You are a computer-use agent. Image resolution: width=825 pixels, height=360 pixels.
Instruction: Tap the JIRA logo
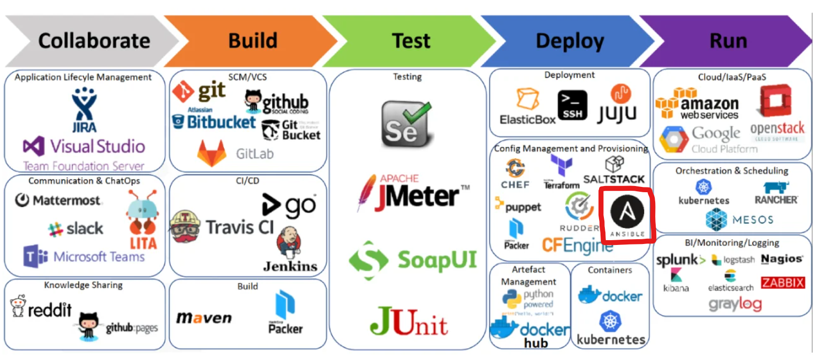84,110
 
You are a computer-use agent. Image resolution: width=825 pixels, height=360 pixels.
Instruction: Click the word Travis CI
239,227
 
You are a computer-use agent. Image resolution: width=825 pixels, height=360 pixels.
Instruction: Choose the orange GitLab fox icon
212,153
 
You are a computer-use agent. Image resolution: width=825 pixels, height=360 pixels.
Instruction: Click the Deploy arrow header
569,41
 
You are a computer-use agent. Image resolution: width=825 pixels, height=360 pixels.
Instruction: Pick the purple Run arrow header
728,41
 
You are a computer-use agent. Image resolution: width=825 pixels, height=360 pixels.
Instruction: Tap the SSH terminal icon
572,105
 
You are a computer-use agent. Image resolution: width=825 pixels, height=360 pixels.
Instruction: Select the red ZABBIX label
782,283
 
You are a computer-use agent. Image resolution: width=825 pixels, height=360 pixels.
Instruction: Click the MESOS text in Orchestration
753,220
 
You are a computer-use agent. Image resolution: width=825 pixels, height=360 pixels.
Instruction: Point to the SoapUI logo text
436,260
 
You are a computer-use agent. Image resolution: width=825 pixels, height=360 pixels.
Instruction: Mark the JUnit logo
409,322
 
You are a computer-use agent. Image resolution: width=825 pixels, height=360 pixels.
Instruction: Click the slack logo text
84,229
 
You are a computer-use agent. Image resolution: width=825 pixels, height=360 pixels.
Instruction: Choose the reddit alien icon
18,306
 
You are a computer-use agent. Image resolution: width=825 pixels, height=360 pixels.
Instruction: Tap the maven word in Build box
204,318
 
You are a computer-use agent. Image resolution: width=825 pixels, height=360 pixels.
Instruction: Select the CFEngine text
577,245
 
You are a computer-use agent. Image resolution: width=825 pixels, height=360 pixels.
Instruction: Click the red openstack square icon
775,101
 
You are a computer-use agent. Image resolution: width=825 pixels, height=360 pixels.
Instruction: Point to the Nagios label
781,259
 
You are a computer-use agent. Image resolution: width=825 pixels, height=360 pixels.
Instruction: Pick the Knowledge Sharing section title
83,285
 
